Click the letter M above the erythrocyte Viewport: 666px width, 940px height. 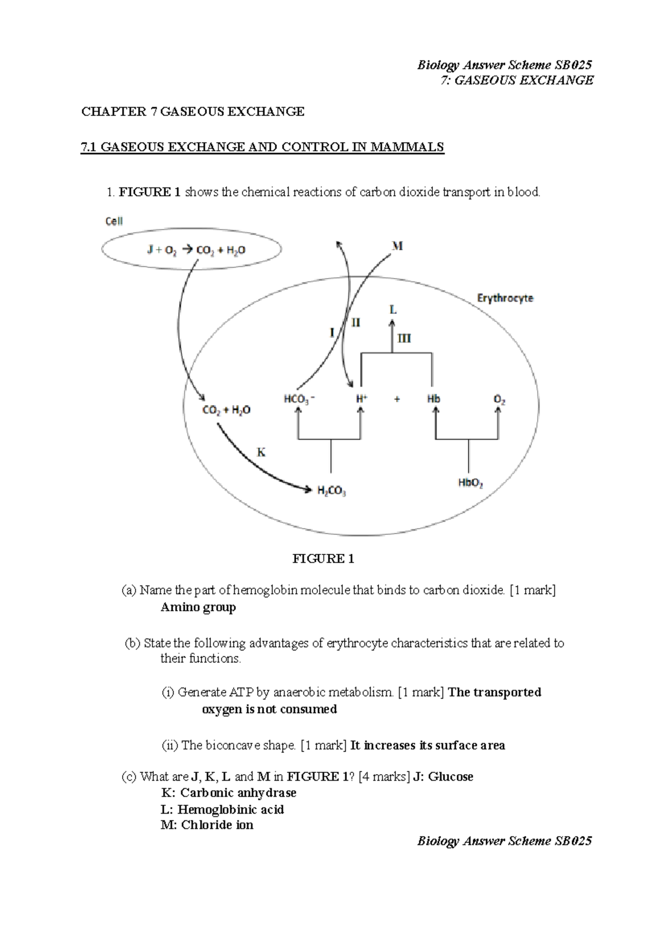[397, 246]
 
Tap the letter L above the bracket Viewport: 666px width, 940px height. [393, 310]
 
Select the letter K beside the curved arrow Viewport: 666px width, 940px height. [260, 452]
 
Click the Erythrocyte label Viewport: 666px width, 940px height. [505, 298]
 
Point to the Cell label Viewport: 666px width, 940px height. [114, 221]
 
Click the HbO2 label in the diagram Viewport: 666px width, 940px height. [470, 483]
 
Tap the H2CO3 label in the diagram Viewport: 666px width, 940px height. [331, 491]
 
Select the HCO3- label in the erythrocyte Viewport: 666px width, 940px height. [299, 399]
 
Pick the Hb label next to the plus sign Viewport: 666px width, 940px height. [433, 399]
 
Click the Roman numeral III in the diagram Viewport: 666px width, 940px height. [403, 338]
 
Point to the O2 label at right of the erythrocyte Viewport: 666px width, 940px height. [499, 400]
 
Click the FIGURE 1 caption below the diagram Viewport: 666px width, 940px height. [323, 559]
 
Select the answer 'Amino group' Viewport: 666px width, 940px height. [198, 607]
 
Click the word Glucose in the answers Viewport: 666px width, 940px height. [451, 776]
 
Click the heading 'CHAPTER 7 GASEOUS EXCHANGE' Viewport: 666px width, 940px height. [193, 112]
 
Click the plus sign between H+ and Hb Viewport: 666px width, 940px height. [397, 399]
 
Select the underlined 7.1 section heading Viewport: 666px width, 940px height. [263, 147]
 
